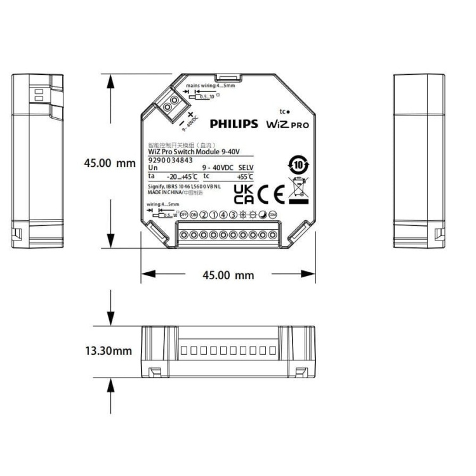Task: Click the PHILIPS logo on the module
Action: click(x=234, y=124)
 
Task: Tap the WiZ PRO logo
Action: click(x=287, y=124)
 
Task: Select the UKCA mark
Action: click(x=243, y=193)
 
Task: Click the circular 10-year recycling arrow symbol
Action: click(x=298, y=164)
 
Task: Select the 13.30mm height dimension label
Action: click(x=109, y=350)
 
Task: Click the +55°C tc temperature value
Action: click(x=244, y=176)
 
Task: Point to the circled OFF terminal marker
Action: click(x=183, y=215)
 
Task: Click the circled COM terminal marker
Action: click(x=272, y=215)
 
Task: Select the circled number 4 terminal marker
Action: click(x=223, y=215)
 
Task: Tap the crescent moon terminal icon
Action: click(x=263, y=215)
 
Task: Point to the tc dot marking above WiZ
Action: click(x=284, y=111)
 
